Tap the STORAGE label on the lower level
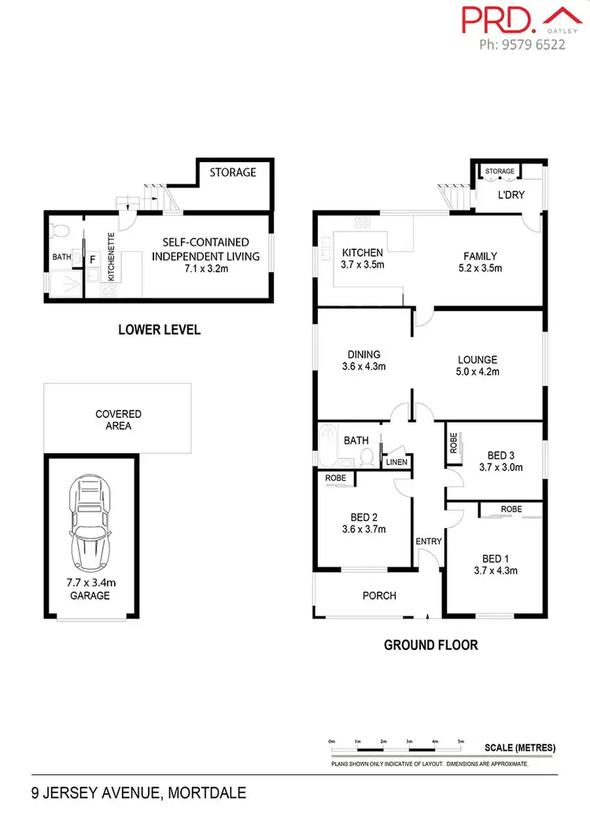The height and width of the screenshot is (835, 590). click(232, 172)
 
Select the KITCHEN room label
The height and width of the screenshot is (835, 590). click(362, 253)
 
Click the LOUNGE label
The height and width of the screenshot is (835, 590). click(478, 359)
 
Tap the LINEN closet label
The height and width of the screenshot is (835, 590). click(396, 462)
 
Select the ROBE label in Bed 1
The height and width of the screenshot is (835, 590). click(511, 509)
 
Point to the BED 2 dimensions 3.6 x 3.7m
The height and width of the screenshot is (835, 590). click(363, 530)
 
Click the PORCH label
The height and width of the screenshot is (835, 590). click(378, 596)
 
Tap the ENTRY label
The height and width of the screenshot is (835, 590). click(429, 541)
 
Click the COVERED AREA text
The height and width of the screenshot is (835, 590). click(118, 419)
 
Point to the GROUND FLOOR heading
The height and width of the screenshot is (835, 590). click(430, 645)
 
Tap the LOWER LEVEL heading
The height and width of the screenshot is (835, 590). click(159, 330)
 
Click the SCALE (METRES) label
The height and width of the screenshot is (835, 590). click(520, 747)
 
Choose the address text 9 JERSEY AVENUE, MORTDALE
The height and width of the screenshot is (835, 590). click(138, 793)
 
